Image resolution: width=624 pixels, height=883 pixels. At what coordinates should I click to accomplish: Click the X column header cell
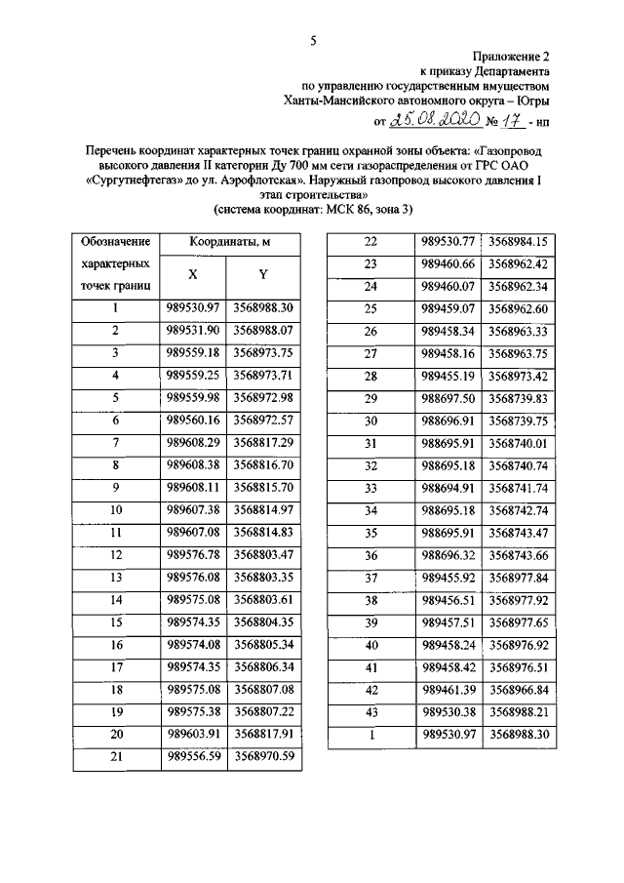coord(193,276)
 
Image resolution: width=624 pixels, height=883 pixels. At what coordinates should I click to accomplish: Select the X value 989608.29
coord(193,442)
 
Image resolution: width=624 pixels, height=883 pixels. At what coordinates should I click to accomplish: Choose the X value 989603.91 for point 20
coord(193,733)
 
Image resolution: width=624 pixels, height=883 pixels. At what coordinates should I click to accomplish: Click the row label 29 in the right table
coord(370,398)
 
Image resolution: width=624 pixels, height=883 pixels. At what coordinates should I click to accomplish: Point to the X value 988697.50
coord(448,398)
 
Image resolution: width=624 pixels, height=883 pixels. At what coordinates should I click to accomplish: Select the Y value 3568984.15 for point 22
coord(518,241)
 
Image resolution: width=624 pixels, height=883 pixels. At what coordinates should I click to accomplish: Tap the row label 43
coord(370,711)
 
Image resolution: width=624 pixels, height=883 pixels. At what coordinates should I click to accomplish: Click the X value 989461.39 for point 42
coord(448,689)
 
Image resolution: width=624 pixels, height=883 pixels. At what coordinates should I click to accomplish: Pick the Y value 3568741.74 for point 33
coord(518,487)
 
